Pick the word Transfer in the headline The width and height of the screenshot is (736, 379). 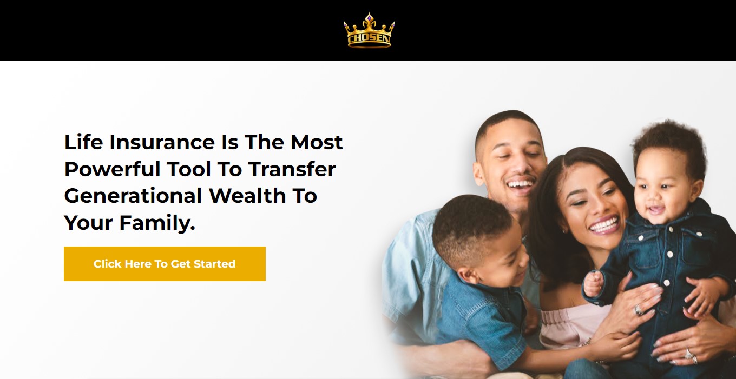(292, 169)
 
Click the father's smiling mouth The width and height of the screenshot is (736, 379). (520, 185)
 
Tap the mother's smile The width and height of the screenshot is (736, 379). (604, 224)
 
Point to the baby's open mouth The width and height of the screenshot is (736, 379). (655, 210)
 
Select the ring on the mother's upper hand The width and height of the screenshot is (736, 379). (639, 310)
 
